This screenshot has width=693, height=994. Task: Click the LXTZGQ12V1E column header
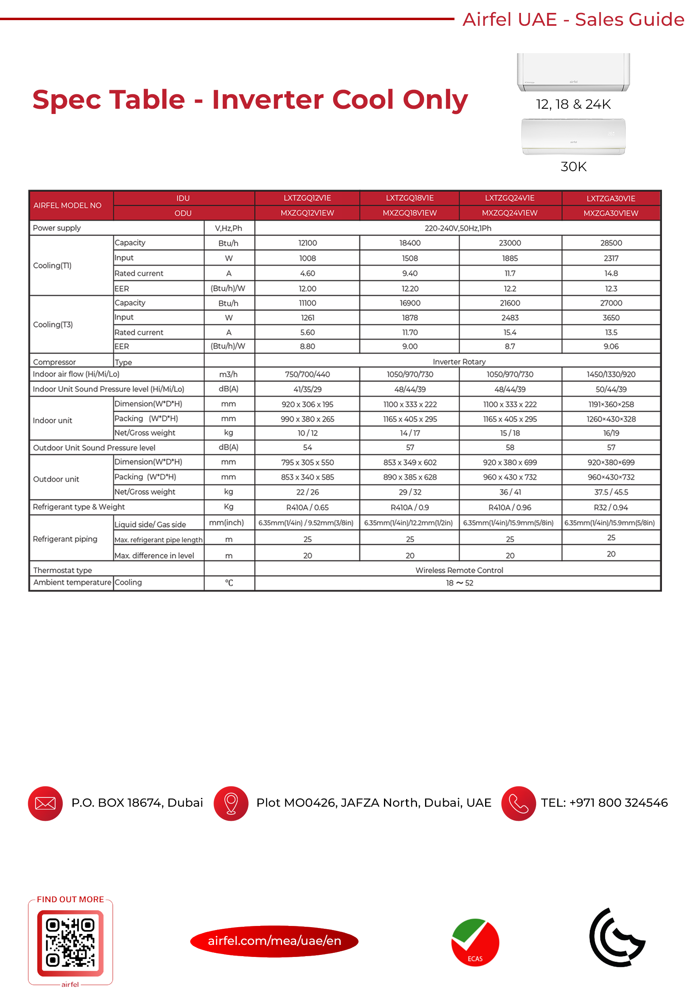tap(307, 198)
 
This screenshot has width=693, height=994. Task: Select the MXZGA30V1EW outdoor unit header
tap(610, 213)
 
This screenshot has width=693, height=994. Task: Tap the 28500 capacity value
tap(611, 243)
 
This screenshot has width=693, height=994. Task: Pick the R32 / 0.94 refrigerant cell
tap(611, 507)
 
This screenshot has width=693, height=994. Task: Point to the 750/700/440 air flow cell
tap(307, 374)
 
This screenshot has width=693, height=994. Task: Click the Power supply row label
tap(57, 228)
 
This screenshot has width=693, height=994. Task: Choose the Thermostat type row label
tap(62, 570)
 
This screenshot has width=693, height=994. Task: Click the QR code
tap(70, 942)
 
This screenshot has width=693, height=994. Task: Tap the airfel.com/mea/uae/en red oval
tap(274, 941)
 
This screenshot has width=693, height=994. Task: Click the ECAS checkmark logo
tap(475, 942)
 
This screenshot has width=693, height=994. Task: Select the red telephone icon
tap(518, 803)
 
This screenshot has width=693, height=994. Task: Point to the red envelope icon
tap(46, 803)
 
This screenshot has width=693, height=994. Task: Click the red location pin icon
tap(231, 803)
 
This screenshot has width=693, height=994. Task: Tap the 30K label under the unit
tap(573, 167)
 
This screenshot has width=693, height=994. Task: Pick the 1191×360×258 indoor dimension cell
tap(611, 404)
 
